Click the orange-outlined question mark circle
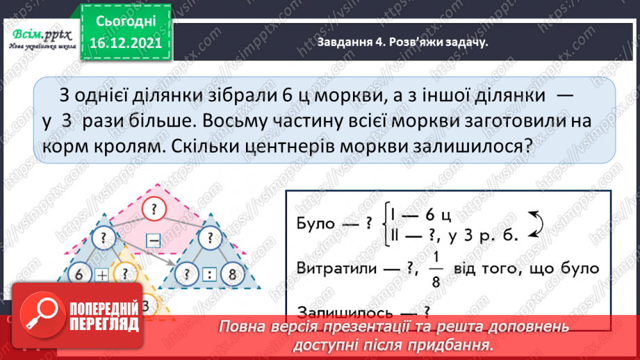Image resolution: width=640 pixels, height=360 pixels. [x=124, y=273]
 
